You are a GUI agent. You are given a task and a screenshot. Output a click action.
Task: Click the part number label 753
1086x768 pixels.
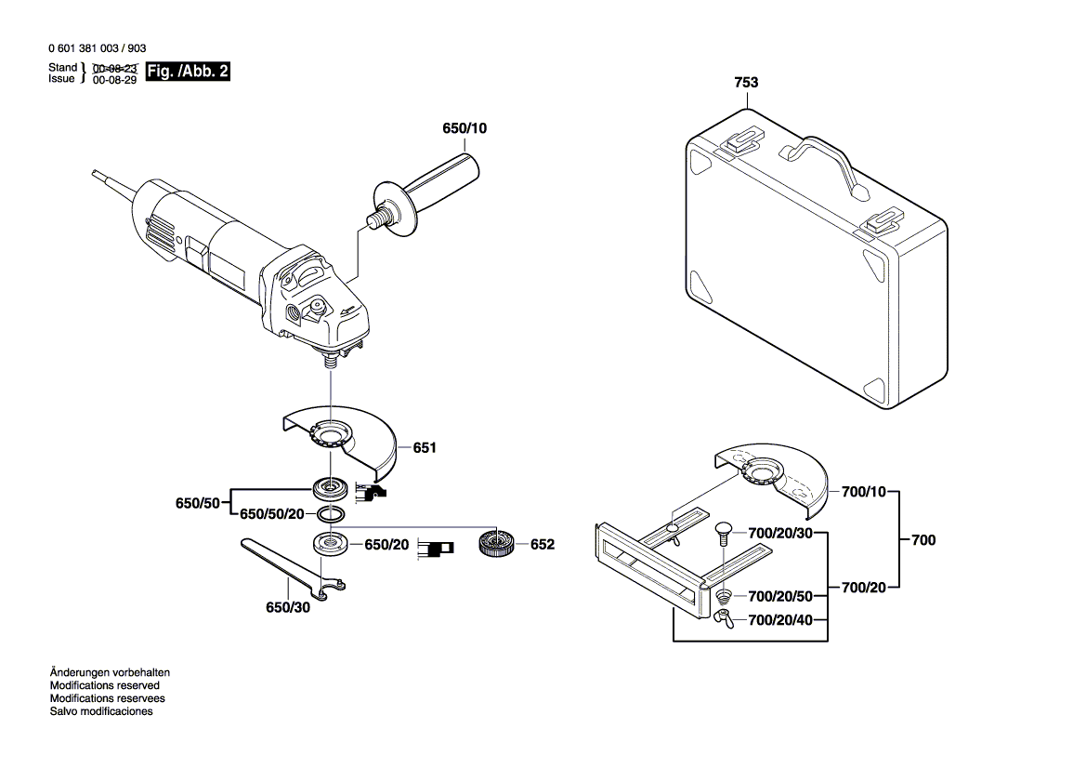point(746,83)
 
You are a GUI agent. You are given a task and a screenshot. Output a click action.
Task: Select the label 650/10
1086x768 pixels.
point(464,128)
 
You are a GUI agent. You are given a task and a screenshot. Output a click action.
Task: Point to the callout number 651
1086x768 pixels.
point(425,448)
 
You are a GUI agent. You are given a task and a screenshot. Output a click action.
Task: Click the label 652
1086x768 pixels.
point(542,544)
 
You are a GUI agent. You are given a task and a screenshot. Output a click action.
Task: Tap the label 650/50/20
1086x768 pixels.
point(272,514)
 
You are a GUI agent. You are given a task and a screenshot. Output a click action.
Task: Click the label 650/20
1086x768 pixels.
point(386,544)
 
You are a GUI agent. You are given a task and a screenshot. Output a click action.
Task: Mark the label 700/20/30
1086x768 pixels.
point(780,533)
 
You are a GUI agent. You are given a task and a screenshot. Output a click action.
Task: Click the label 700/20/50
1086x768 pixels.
point(780,595)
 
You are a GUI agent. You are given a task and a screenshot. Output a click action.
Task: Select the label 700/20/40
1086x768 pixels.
point(780,620)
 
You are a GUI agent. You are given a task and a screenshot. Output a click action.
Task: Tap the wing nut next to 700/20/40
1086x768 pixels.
point(724,616)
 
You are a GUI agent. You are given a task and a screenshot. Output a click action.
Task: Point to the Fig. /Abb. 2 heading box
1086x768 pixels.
point(189,72)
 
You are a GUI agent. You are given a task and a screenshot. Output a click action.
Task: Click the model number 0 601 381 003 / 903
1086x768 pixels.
point(96,48)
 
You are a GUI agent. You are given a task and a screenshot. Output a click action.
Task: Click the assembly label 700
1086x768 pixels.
point(922,539)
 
